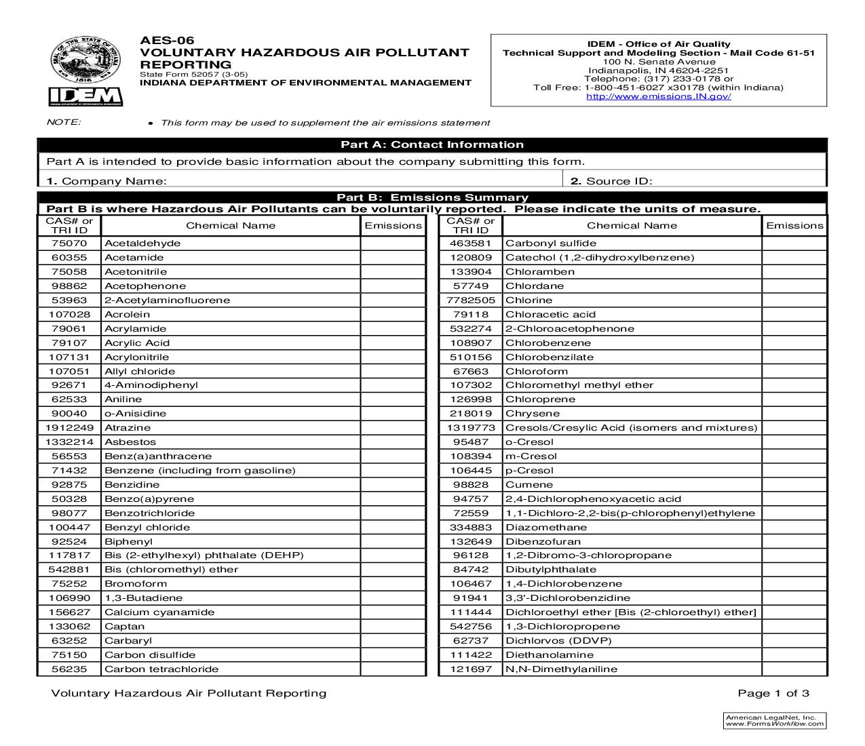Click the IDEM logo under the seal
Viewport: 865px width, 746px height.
(x=85, y=97)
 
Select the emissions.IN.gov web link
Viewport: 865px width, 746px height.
(x=658, y=96)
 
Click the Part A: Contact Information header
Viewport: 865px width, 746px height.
(x=431, y=144)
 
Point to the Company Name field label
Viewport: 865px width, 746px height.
(x=107, y=181)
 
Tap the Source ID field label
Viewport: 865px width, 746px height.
(x=611, y=181)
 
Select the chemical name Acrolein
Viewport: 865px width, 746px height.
(x=127, y=315)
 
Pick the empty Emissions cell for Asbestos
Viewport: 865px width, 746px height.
(x=393, y=442)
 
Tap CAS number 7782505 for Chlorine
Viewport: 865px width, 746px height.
(x=471, y=300)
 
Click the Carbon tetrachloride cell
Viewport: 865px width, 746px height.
(x=161, y=669)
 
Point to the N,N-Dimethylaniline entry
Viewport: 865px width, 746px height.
(x=561, y=669)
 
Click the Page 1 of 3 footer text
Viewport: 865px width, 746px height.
(x=773, y=693)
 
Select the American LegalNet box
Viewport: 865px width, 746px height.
(x=774, y=720)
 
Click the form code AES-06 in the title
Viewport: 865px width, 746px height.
(x=162, y=40)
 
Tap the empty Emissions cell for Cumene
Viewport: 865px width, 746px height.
(x=794, y=485)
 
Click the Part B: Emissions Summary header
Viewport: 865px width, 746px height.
(x=431, y=197)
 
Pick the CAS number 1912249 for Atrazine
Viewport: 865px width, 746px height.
(x=69, y=428)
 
